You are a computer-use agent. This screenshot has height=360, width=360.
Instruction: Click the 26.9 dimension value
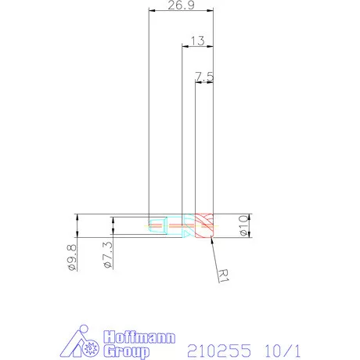coord(181,6)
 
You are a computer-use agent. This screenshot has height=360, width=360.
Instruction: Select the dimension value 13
coord(197,40)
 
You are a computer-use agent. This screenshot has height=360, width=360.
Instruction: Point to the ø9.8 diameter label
coord(71,257)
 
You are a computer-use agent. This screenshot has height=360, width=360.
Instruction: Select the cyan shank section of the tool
coord(160,225)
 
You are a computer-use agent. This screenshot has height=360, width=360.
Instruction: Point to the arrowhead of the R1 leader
coord(209,237)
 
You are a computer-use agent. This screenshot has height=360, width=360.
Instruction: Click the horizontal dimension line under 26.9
coord(181,11)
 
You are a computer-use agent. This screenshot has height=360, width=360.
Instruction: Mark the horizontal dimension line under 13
coord(197,45)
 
